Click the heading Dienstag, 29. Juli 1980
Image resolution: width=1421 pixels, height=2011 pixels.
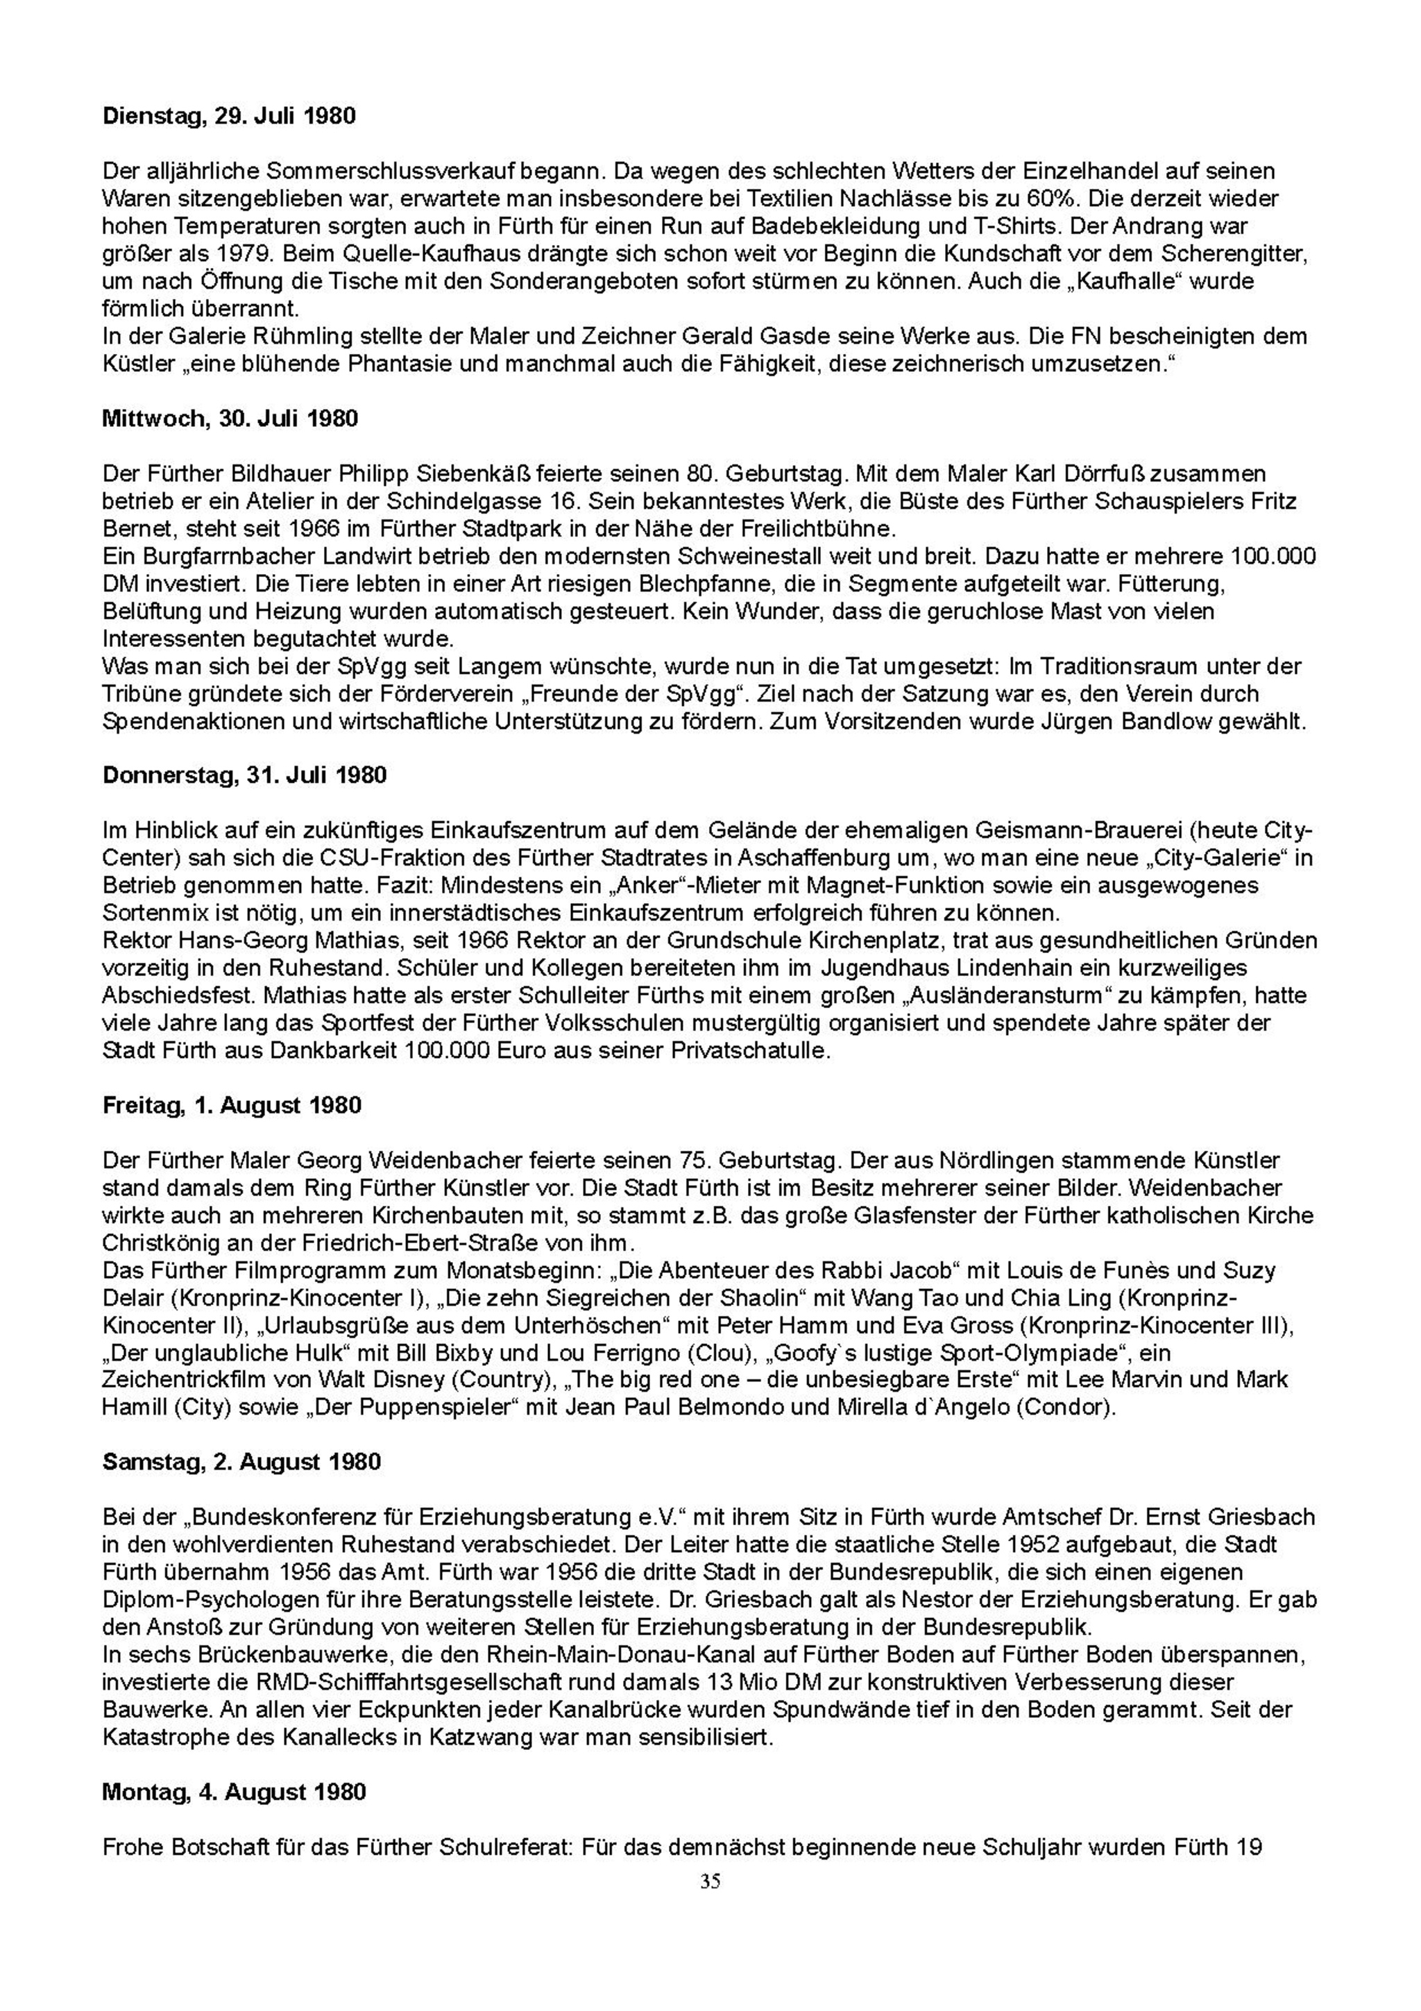(230, 116)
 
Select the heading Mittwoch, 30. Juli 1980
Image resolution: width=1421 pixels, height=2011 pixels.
(230, 419)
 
